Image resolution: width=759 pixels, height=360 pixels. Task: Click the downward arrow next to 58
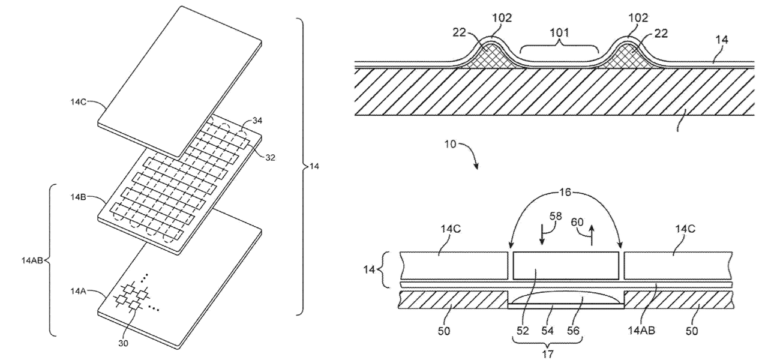(x=542, y=233)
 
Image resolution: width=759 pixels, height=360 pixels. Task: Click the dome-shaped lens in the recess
(x=566, y=298)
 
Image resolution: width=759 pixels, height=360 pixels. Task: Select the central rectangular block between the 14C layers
(x=565, y=266)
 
